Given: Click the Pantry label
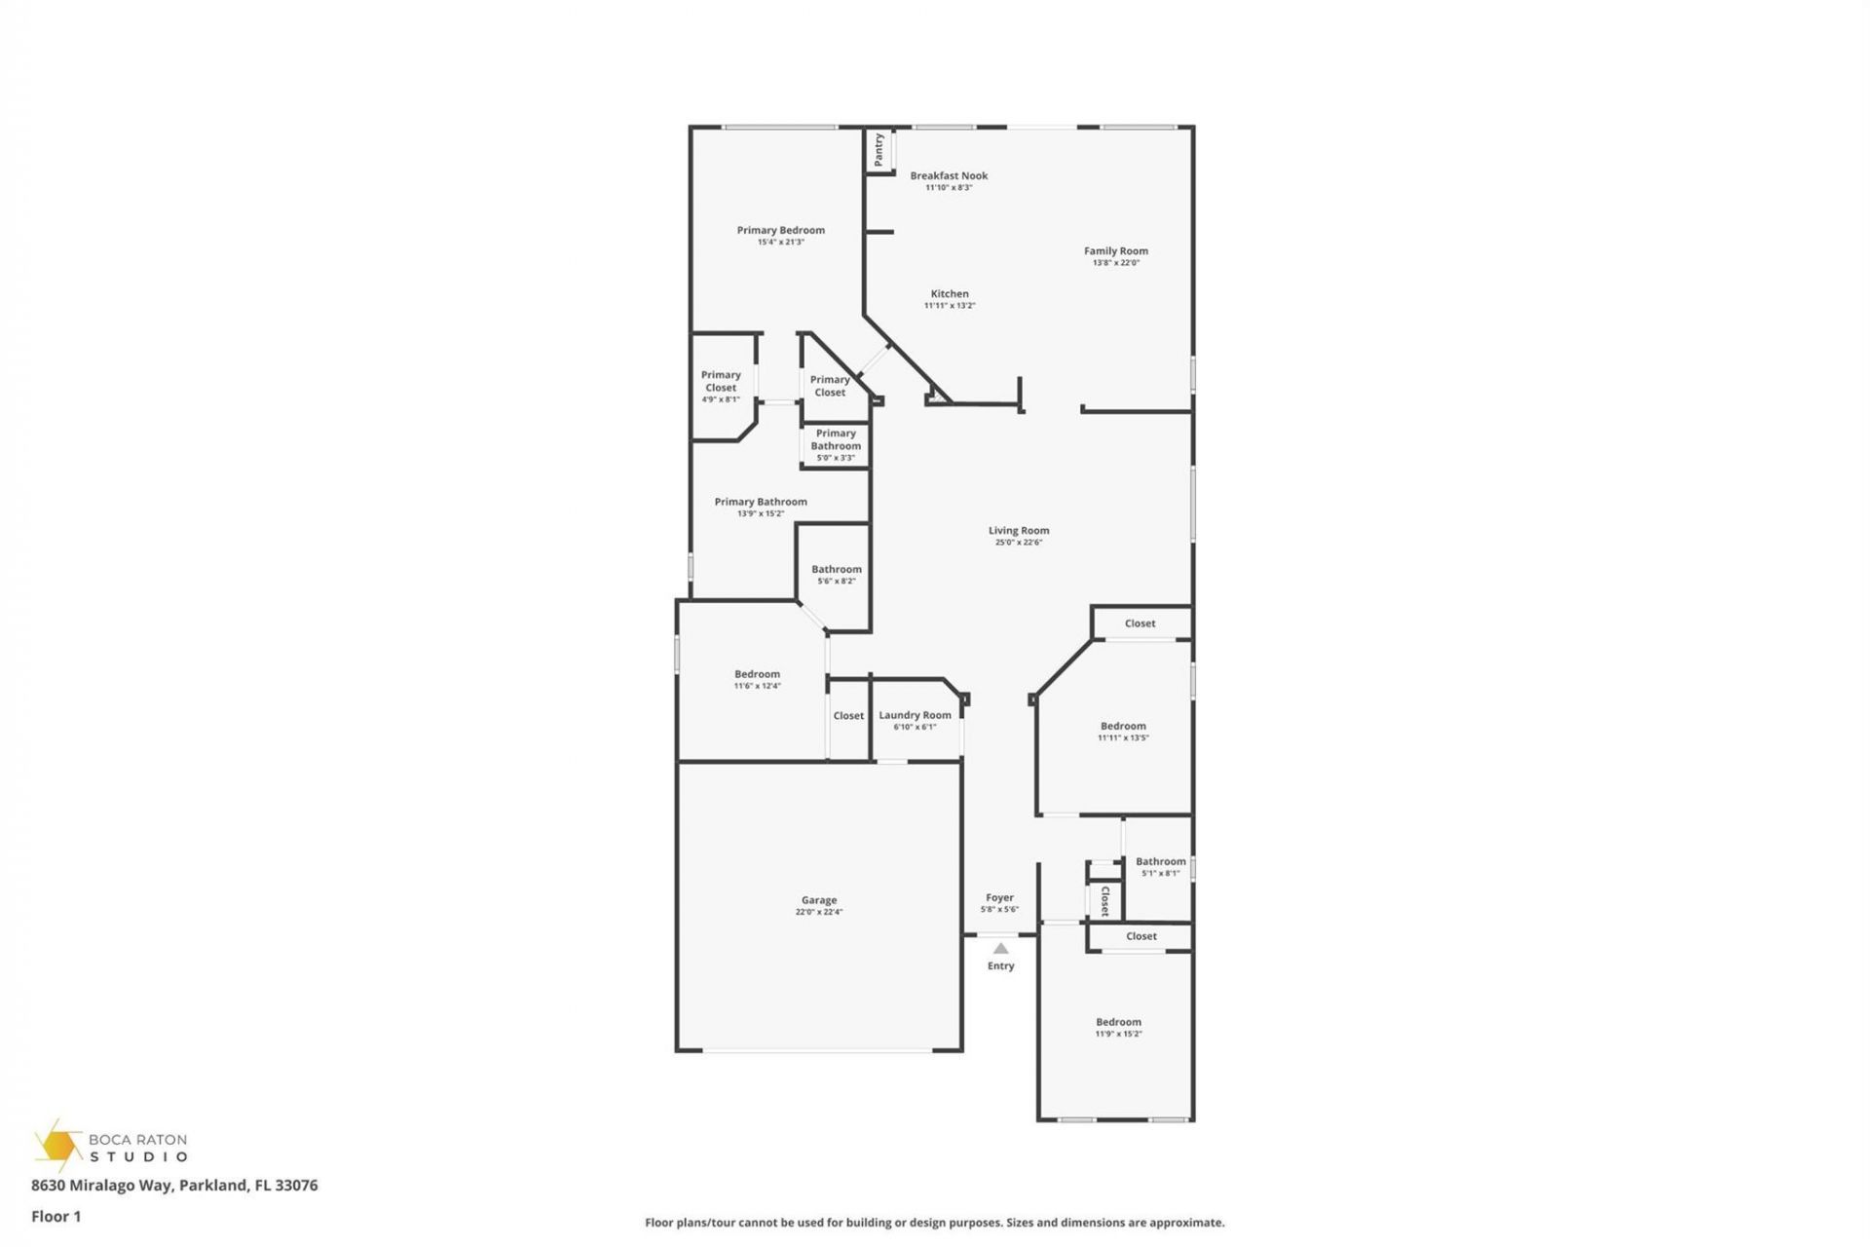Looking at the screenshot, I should click(x=879, y=149).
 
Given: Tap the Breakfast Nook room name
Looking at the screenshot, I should click(x=949, y=176).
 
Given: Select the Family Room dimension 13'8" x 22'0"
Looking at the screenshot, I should click(x=1115, y=263).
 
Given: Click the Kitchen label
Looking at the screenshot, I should click(x=950, y=293).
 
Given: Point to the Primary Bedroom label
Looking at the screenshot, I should click(x=780, y=231).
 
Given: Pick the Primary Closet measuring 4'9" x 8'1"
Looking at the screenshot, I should click(x=721, y=386).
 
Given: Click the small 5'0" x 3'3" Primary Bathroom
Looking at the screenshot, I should click(x=836, y=445).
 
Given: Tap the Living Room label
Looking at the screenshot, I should click(x=1019, y=531).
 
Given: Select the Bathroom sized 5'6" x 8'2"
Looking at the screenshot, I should click(x=836, y=574).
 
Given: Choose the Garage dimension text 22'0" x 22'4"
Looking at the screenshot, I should click(x=818, y=913).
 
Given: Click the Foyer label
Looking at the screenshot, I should click(x=999, y=898).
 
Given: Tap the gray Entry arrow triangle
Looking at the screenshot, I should click(x=1000, y=948).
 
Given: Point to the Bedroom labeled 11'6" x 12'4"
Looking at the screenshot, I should click(x=757, y=679).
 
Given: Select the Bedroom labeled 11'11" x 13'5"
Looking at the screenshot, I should click(x=1123, y=731).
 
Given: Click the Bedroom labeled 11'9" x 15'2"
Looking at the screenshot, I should click(x=1118, y=1027).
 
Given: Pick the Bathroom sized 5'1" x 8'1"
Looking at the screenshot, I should click(x=1160, y=866).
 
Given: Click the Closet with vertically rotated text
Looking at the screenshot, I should click(x=1104, y=901).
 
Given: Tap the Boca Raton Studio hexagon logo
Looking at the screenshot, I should click(x=58, y=1146).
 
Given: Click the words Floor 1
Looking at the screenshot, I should click(x=56, y=1216).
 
